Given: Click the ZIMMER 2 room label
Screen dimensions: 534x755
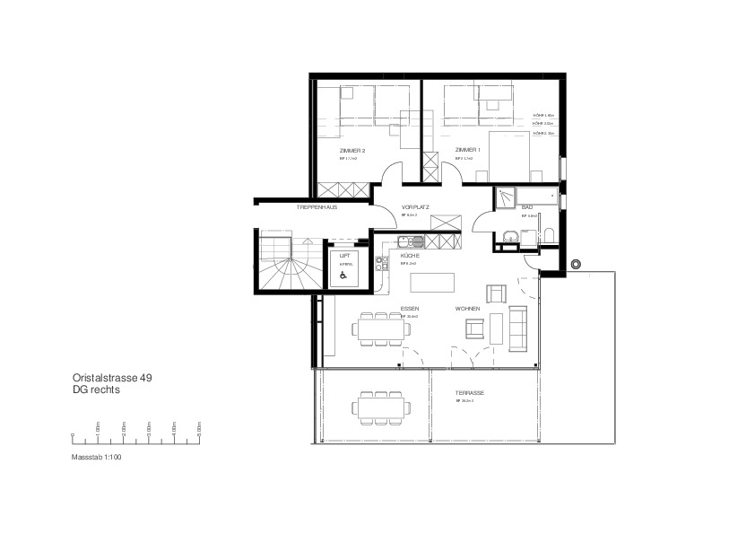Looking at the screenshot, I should point(351,150).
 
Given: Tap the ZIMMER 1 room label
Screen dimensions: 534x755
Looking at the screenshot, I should point(467,150).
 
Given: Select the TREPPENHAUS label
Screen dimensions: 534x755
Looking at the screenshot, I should point(317,207).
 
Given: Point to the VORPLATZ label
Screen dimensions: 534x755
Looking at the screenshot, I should point(415,207).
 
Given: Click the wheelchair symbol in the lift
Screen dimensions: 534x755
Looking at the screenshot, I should point(343,276).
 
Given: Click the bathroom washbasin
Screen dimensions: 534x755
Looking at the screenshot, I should point(509,237).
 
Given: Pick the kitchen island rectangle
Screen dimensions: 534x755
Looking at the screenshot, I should point(431,282).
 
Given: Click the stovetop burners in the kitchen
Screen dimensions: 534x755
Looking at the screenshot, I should point(380,260).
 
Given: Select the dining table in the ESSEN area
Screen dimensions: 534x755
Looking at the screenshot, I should point(383,328).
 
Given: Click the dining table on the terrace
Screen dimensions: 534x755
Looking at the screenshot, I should point(381,407).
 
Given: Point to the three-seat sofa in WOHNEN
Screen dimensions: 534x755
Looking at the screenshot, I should point(517,328).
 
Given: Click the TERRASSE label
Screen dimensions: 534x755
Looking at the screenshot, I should point(469,393).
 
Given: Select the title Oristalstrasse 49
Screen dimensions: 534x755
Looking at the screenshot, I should point(112,379).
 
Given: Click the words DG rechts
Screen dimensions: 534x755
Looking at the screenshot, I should point(95,390).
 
